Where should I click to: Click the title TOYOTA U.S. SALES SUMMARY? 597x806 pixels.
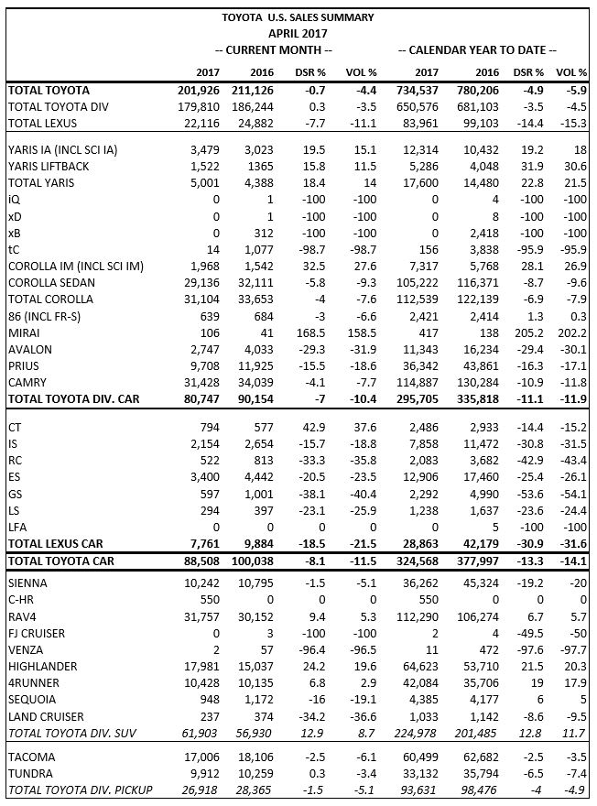[298, 17]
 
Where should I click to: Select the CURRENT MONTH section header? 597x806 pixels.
[272, 49]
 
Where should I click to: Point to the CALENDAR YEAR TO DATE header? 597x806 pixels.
[477, 49]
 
